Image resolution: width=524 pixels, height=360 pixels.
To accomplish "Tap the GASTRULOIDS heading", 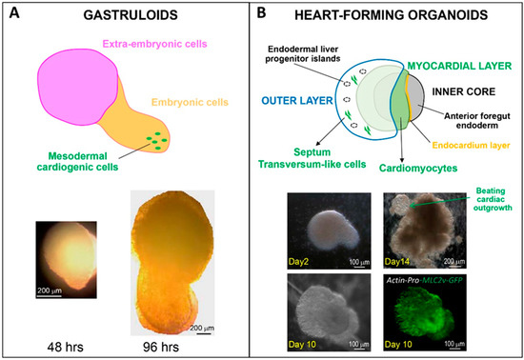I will click(132, 15).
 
